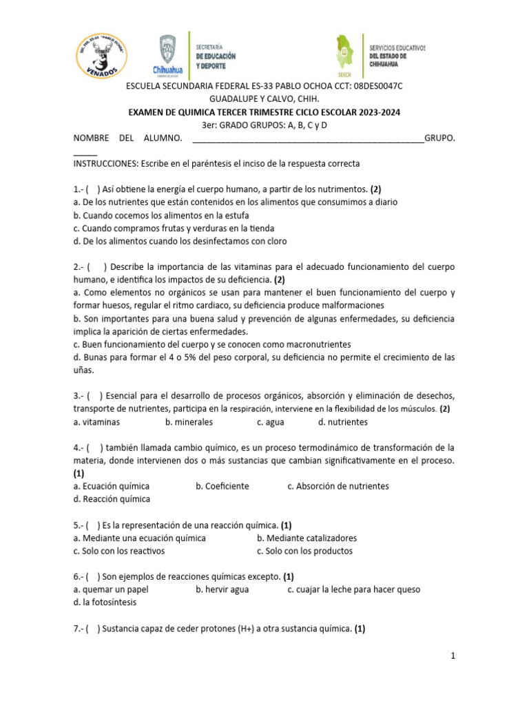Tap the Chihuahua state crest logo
tap(167, 54)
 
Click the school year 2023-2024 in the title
tap(375, 112)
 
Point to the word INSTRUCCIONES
tap(105, 163)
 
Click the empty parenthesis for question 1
tap(94, 189)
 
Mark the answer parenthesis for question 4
tap(94, 448)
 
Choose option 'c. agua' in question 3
tap(271, 422)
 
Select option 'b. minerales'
tap(189, 422)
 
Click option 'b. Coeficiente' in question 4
tap(222, 486)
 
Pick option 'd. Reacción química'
tap(112, 499)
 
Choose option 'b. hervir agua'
tap(222, 589)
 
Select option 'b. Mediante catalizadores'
tap(307, 538)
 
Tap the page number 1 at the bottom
tap(453, 656)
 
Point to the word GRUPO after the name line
tap(439, 138)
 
